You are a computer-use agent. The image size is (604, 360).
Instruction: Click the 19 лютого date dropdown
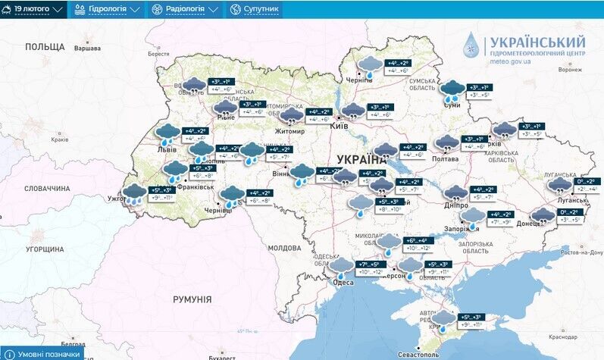(x=37, y=10)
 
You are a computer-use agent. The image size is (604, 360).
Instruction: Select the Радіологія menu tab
(x=186, y=10)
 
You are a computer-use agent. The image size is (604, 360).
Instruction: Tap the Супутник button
(x=255, y=10)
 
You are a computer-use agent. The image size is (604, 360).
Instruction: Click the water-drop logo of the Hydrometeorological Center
(x=473, y=47)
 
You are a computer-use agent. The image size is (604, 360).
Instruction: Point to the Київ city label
(x=339, y=127)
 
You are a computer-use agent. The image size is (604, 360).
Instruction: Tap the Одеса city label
(x=342, y=283)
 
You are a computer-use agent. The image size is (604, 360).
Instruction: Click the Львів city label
(x=167, y=150)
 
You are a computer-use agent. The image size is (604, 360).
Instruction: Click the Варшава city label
(x=88, y=49)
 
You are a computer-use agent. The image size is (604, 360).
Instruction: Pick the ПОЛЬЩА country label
(x=45, y=47)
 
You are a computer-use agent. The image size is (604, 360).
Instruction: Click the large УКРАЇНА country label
(x=361, y=160)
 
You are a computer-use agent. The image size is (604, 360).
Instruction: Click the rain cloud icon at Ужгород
(x=135, y=193)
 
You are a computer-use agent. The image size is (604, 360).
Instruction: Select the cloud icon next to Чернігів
(x=370, y=66)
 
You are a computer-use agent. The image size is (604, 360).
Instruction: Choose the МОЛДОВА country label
(x=284, y=248)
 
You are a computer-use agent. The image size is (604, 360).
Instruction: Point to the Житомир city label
(x=289, y=131)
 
